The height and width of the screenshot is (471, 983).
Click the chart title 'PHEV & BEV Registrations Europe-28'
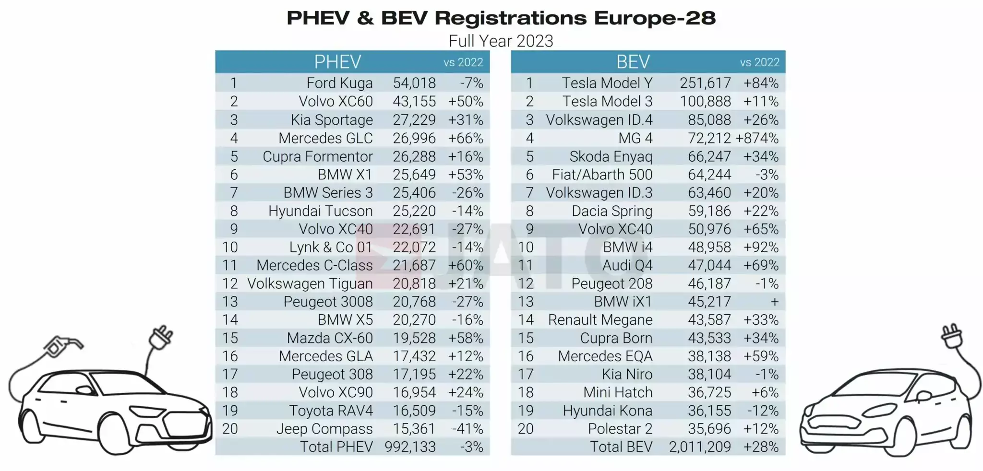point(501,18)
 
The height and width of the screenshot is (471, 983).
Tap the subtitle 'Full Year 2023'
point(501,41)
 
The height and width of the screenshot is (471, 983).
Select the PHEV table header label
point(337,62)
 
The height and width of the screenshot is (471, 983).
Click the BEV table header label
point(633,62)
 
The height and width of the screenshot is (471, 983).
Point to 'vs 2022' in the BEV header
point(759,62)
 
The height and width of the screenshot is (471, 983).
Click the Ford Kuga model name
point(339,83)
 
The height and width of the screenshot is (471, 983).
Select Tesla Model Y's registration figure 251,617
point(705,83)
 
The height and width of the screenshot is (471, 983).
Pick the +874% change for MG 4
point(757,138)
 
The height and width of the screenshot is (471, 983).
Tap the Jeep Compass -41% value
point(467,429)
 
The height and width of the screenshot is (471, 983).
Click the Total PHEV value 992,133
point(410,447)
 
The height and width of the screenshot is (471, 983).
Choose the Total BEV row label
point(621,447)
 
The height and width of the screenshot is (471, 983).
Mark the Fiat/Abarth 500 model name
point(602,175)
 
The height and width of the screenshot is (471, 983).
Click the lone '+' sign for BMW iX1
point(774,302)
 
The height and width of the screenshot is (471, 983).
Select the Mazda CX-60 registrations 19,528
point(414,338)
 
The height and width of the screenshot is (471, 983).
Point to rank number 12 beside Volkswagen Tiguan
point(230,283)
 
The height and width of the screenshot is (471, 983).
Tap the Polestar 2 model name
point(620,429)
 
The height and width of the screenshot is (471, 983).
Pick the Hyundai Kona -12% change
point(763,411)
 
